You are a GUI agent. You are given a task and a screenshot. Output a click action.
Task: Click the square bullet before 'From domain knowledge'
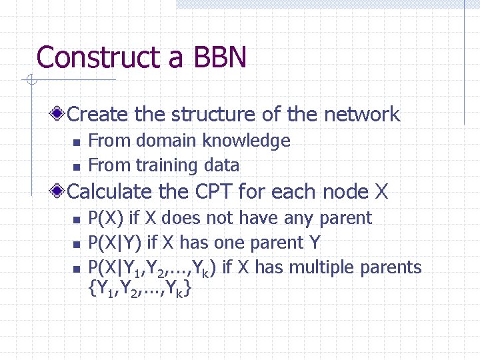77,142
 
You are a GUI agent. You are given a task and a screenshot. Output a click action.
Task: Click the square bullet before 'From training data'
77,167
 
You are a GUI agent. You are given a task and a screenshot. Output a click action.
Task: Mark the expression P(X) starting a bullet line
105,218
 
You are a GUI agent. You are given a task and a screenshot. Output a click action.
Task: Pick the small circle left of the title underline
30,81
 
